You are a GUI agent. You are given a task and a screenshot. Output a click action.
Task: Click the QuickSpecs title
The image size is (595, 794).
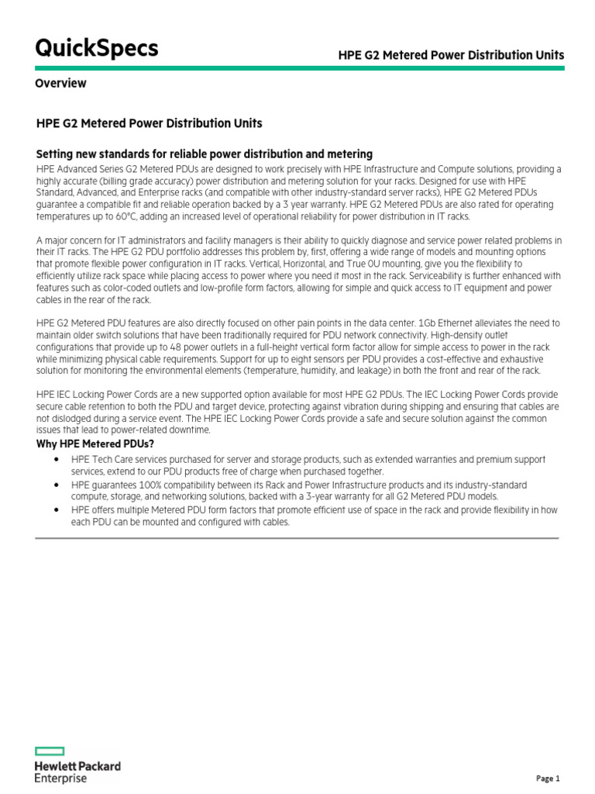[x=97, y=48]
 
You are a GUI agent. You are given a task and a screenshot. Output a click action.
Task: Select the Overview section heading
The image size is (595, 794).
[x=60, y=83]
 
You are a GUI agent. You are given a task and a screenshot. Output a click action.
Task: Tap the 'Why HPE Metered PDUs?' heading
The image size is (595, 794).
[x=95, y=444]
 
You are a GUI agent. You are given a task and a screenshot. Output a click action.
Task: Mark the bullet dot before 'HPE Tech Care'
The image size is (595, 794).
[x=58, y=460]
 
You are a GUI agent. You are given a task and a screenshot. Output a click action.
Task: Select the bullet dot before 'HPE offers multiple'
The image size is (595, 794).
[x=58, y=509]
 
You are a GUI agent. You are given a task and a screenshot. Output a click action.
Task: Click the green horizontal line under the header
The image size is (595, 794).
[x=300, y=68]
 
